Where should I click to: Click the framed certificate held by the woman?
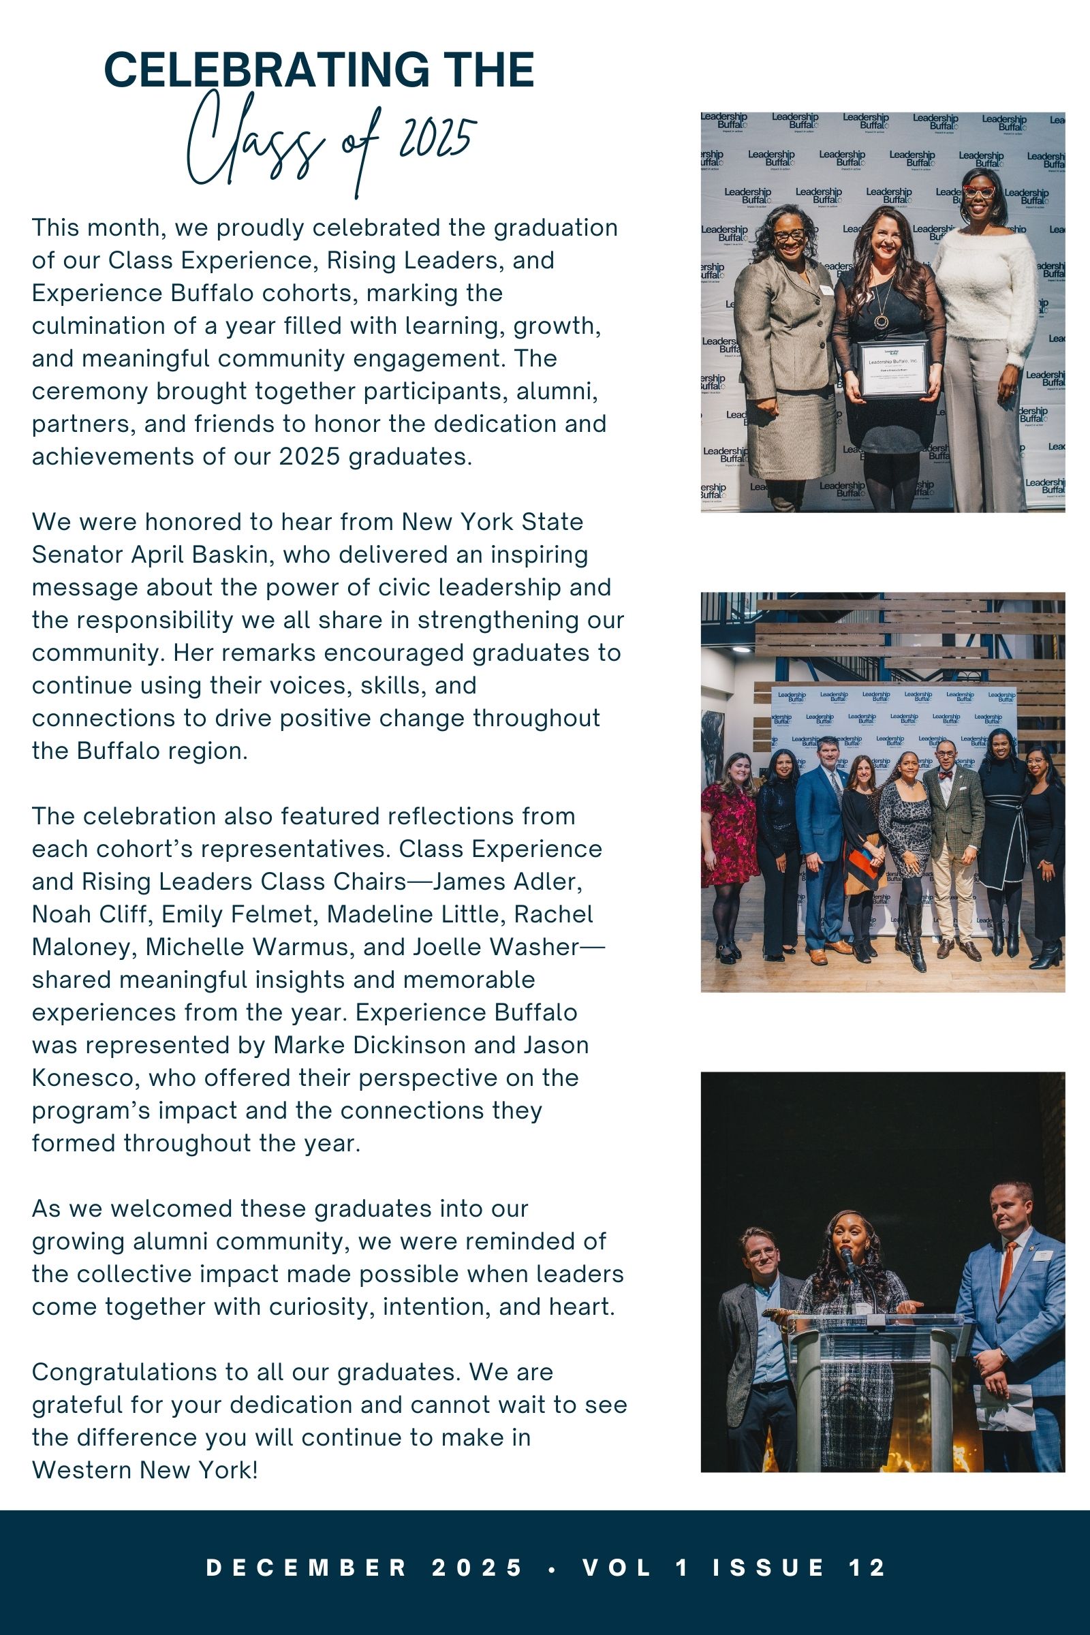tap(893, 369)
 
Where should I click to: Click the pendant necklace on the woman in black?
tap(880, 321)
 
